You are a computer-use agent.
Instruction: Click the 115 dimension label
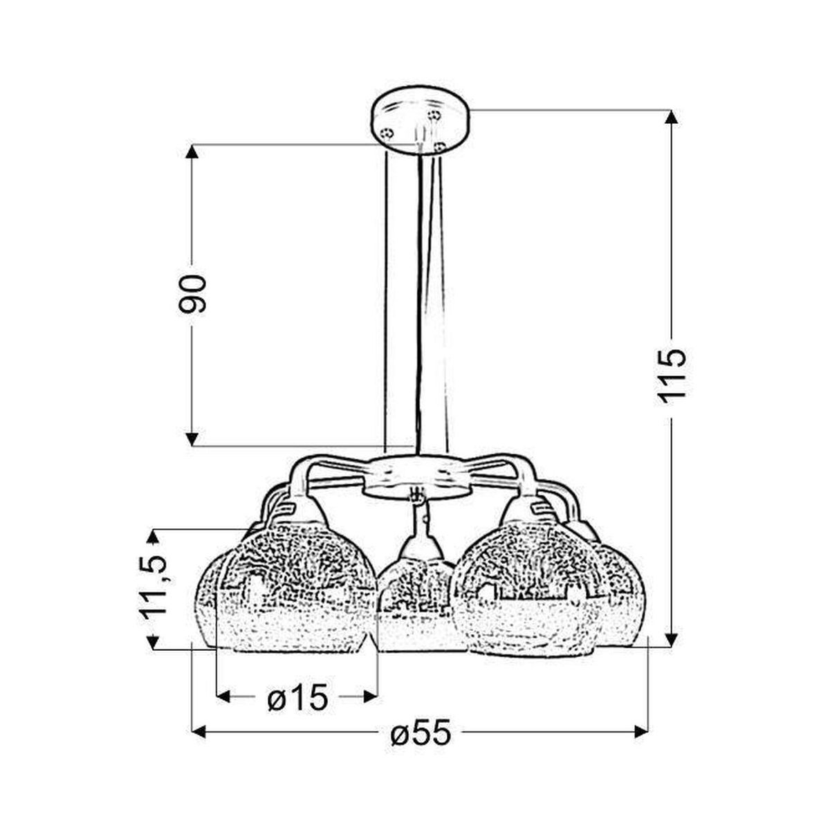click(670, 371)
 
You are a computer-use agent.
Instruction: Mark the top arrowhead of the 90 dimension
click(192, 152)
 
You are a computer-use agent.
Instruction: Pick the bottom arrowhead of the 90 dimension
click(192, 439)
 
